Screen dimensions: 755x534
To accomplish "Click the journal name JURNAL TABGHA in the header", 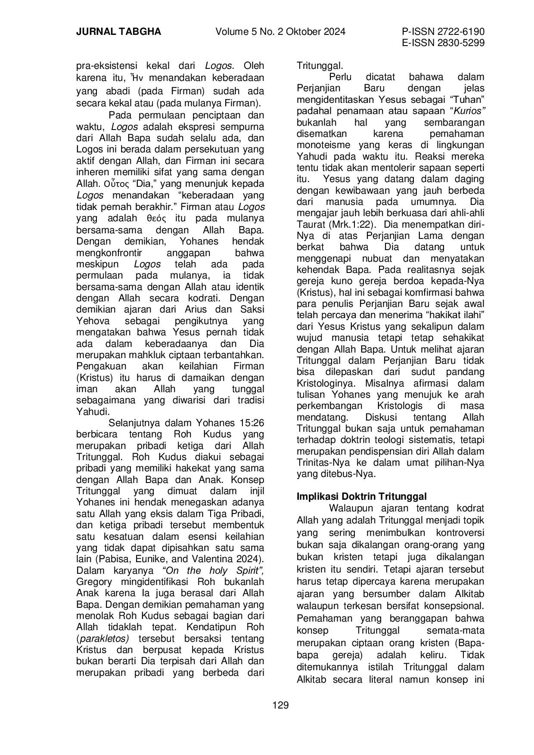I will [x=118, y=32].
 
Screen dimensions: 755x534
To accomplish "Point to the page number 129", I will [x=280, y=705].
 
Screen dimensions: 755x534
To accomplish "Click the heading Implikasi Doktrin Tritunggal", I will [x=362, y=496].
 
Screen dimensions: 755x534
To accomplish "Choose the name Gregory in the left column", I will [x=94, y=582].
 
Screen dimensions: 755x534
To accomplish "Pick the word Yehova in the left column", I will [x=93, y=321].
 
